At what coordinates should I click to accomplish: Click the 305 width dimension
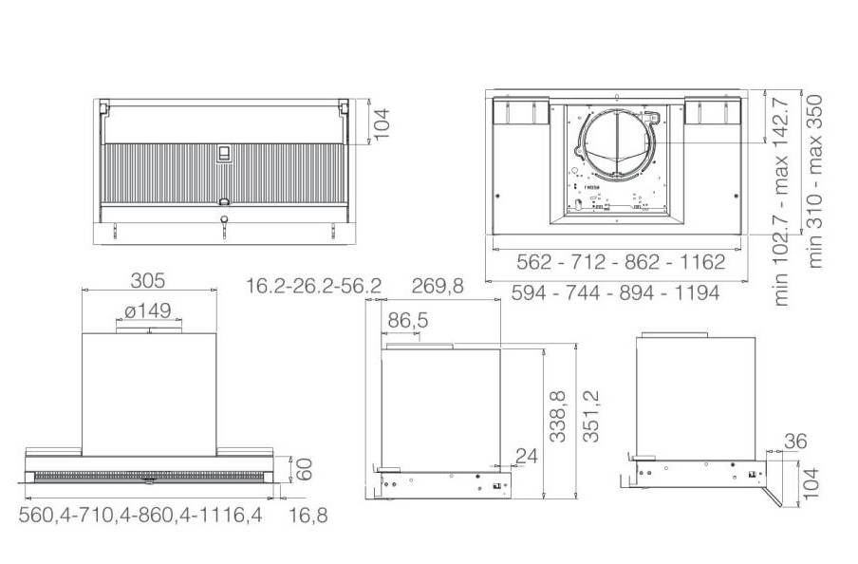[148, 280]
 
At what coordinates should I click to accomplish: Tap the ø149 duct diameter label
[148, 311]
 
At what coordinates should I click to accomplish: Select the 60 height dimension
[304, 469]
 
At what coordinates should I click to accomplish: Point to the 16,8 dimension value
[308, 515]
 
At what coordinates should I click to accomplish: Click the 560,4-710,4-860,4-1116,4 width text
[140, 515]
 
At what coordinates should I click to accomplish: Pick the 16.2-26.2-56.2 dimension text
[313, 286]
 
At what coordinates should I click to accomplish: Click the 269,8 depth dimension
[438, 286]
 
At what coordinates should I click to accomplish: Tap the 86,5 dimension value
[408, 320]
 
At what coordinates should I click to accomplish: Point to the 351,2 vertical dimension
[591, 416]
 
